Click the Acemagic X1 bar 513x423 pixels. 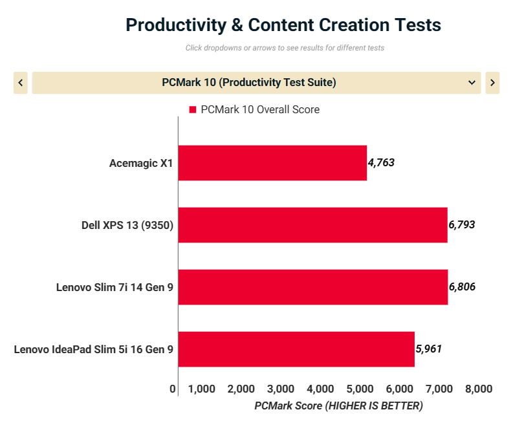click(272, 163)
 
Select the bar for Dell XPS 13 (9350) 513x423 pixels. click(312, 225)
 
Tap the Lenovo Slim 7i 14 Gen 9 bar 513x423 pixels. click(313, 287)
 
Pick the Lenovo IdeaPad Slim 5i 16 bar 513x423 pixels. click(296, 349)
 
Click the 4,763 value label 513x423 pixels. click(381, 163)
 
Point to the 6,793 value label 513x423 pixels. click(462, 225)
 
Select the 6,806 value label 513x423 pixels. click(462, 287)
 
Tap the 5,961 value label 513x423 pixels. click(429, 349)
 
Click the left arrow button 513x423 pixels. click(21, 83)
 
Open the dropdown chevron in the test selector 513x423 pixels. click(472, 83)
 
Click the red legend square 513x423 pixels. click(192, 110)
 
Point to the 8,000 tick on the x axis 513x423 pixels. click(479, 389)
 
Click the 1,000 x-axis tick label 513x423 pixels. click(201, 389)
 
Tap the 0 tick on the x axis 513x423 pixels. click(173, 389)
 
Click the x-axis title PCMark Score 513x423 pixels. click(338, 406)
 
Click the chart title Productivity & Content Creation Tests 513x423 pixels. click(283, 25)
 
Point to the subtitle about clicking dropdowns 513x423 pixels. click(285, 48)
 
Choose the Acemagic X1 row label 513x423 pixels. click(141, 163)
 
